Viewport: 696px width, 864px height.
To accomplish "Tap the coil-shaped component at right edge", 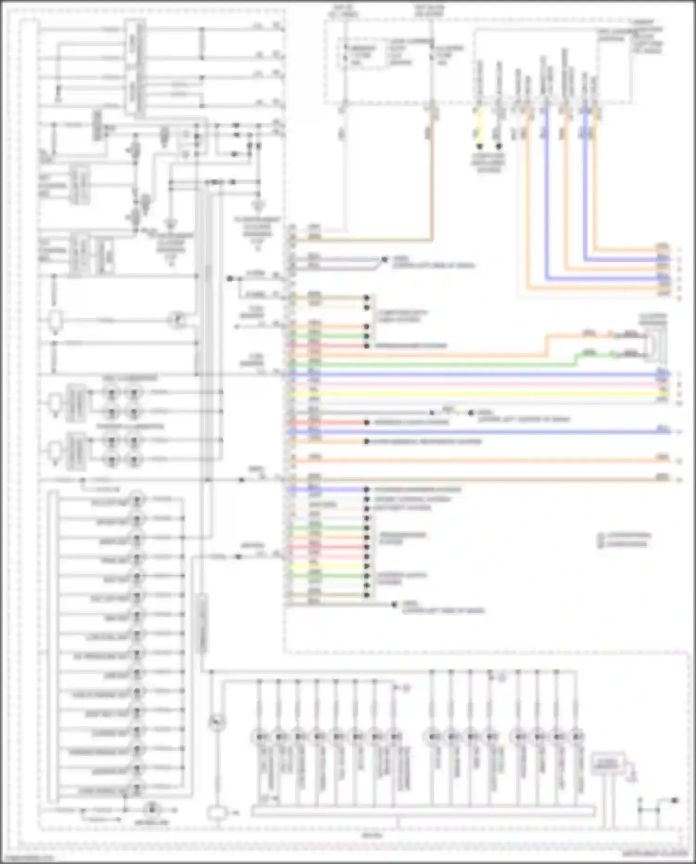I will coord(654,344).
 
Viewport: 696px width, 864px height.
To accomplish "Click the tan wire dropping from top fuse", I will coord(432,186).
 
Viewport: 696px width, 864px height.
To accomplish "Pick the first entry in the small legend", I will coord(624,535).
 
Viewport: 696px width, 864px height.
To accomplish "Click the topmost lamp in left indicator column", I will coord(137,500).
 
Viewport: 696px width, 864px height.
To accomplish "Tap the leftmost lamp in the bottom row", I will coord(259,737).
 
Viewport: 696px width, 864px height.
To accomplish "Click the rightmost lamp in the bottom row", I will coord(576,737).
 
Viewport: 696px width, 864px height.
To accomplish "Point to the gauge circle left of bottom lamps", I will coord(217,722).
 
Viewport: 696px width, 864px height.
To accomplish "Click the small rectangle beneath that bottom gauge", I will coord(216,813).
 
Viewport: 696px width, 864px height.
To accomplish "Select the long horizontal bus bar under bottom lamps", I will coord(422,812).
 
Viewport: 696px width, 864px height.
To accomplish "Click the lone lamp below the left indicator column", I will coord(151,810).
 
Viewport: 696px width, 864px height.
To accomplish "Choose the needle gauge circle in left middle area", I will coord(177,320).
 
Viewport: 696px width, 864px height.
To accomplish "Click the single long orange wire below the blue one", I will coord(478,460).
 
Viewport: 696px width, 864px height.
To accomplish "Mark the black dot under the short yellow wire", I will coord(479,146).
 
